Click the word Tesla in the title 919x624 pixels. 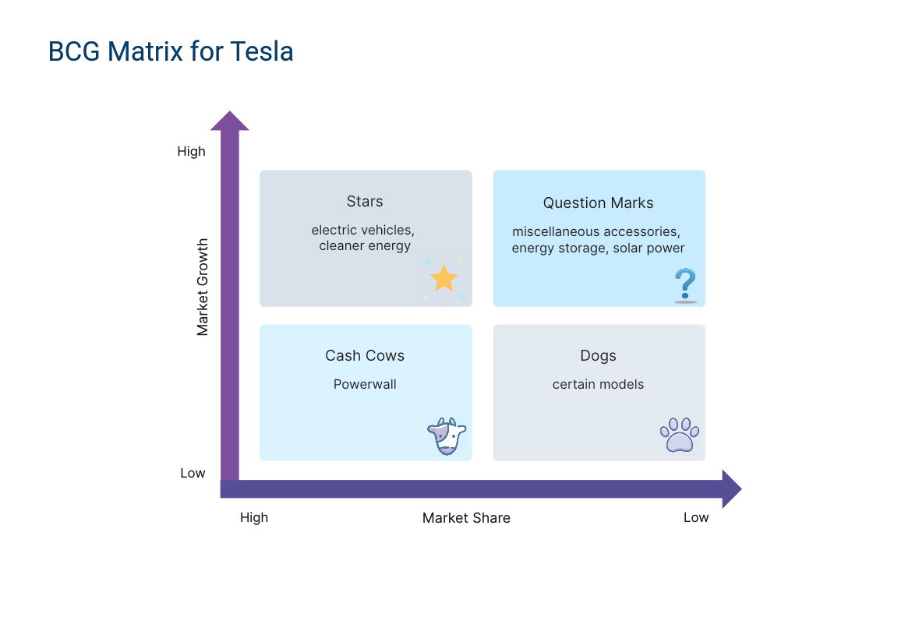pos(261,51)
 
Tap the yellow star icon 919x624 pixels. pos(444,278)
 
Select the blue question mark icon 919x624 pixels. pos(685,285)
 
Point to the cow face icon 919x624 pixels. pos(447,436)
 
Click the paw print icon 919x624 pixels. pos(679,435)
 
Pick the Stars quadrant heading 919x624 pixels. pos(365,202)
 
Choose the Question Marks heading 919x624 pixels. pos(598,203)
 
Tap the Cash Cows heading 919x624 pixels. pos(365,356)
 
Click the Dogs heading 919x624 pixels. pos(598,356)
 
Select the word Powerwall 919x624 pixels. pos(365,384)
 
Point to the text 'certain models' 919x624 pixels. pos(598,384)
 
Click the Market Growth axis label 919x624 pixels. pos(202,287)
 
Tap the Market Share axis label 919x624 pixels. pos(466,518)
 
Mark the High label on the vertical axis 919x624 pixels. pos(191,151)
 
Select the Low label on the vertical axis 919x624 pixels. pos(193,473)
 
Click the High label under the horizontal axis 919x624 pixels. pos(254,517)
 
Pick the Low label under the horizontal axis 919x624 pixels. pos(696,517)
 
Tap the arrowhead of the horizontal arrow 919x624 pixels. pos(732,488)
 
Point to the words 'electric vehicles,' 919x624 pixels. pos(362,231)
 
